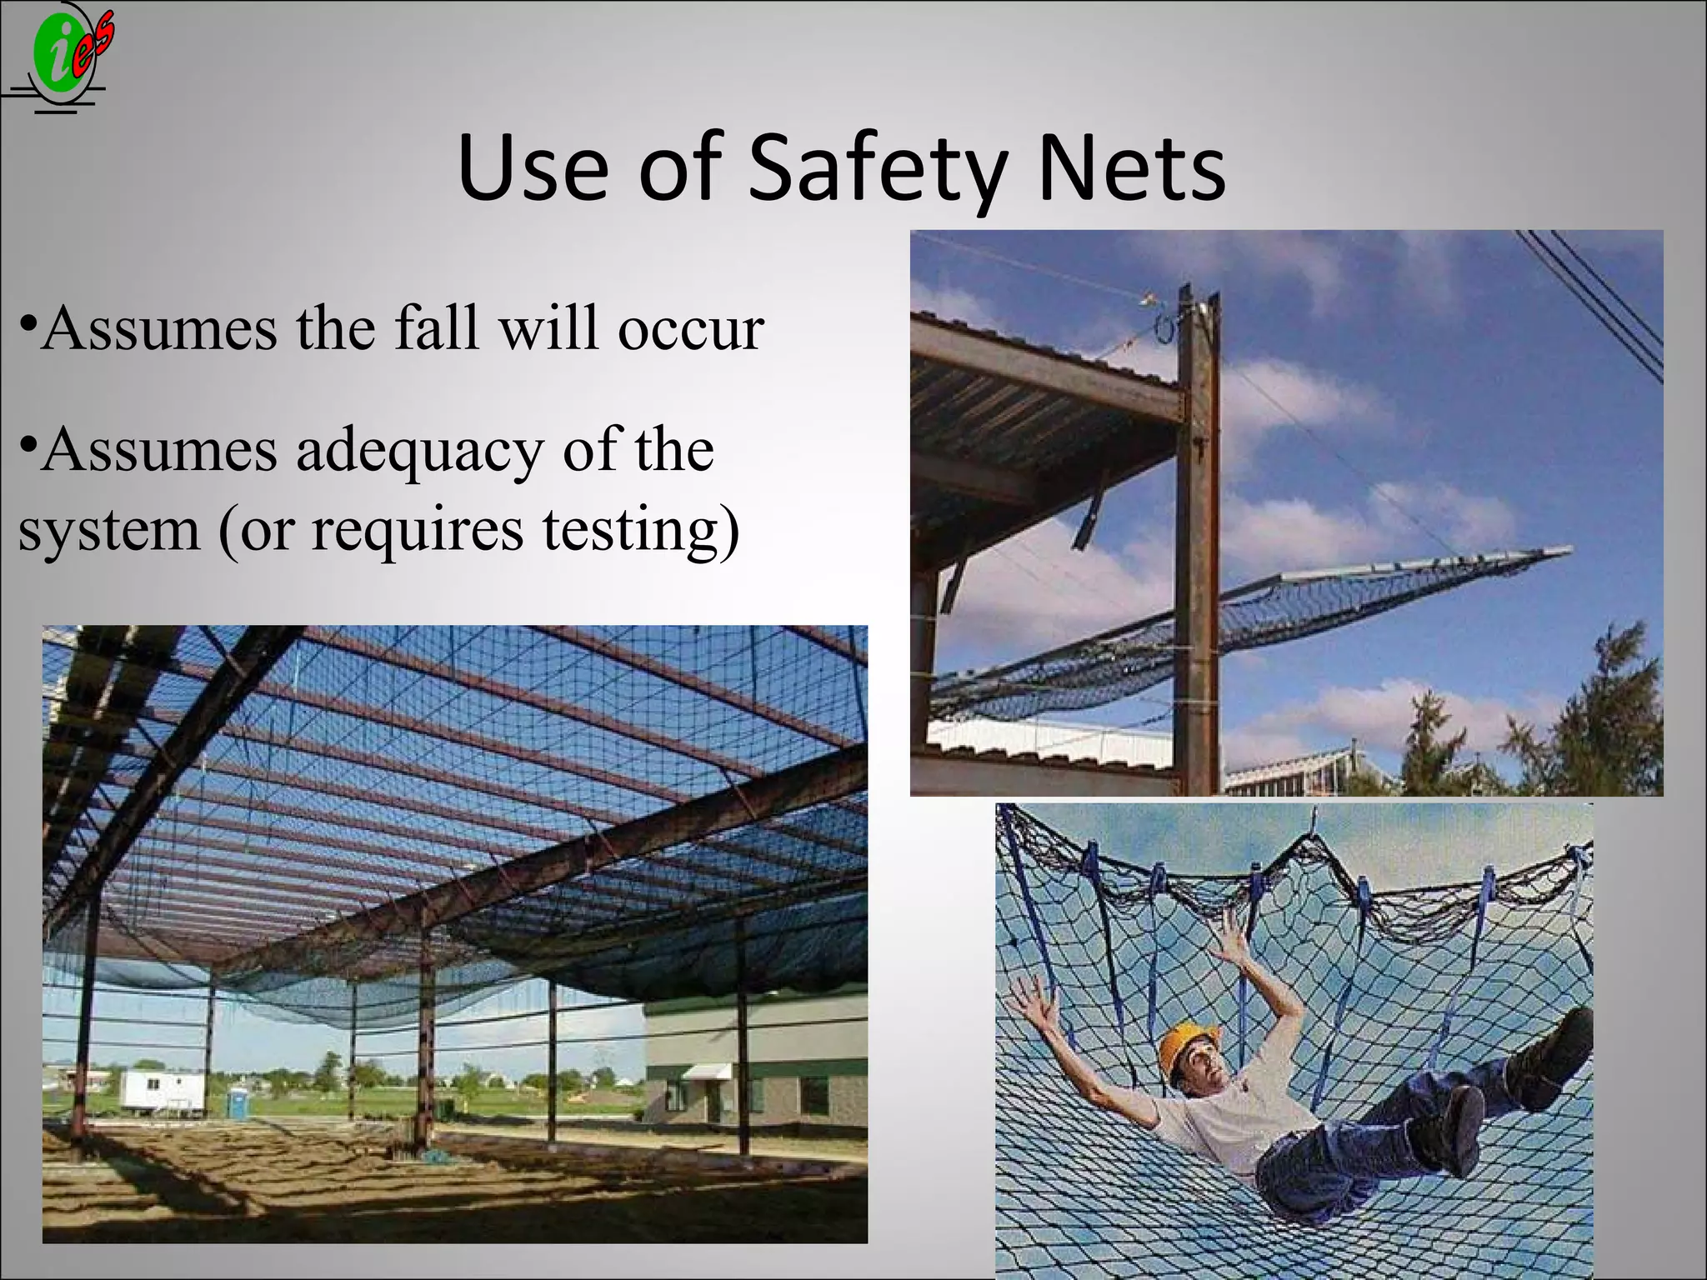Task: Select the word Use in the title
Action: click(x=533, y=169)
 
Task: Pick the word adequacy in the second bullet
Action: click(x=419, y=451)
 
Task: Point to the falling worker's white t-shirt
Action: click(x=1225, y=1108)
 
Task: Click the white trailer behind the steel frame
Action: click(x=163, y=1092)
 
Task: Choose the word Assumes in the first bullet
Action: click(x=158, y=329)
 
